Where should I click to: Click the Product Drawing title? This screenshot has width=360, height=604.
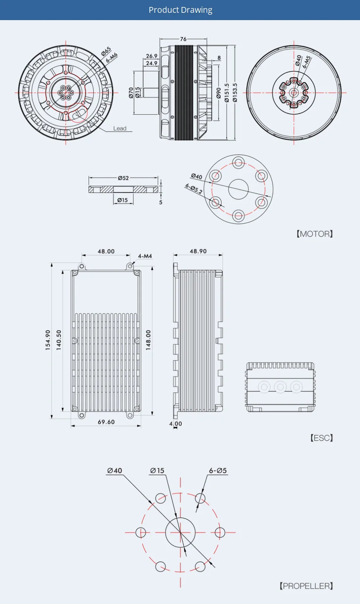point(180,10)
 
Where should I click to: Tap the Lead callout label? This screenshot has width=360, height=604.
point(120,128)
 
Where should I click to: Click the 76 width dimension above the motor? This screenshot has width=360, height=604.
point(183,39)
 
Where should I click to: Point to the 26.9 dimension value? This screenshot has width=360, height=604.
point(151,56)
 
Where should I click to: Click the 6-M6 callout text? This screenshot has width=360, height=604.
point(111,58)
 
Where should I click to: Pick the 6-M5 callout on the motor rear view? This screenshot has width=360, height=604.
point(307,62)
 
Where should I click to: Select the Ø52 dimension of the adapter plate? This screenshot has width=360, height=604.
point(123,178)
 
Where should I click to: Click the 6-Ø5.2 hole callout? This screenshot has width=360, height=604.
point(194,188)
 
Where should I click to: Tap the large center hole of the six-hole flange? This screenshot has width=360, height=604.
point(238,189)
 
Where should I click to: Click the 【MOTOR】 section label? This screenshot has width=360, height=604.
point(314,234)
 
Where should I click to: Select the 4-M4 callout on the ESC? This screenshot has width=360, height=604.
point(145,256)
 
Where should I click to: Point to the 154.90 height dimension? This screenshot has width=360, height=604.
point(48,340)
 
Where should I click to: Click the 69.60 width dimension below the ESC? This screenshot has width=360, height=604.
point(106,422)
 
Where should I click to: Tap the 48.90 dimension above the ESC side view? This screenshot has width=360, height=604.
point(198,251)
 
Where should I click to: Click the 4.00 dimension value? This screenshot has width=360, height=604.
point(175,424)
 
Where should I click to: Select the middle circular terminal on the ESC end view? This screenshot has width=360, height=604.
point(280,387)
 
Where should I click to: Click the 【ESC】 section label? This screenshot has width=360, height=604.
point(321,438)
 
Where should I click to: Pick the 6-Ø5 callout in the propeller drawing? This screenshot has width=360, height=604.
point(218,471)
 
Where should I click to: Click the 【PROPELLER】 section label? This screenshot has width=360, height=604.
point(306,586)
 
